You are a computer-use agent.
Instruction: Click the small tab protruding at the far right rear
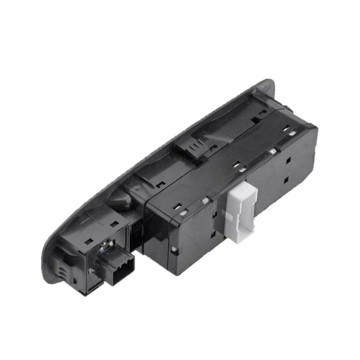click(286, 108)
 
